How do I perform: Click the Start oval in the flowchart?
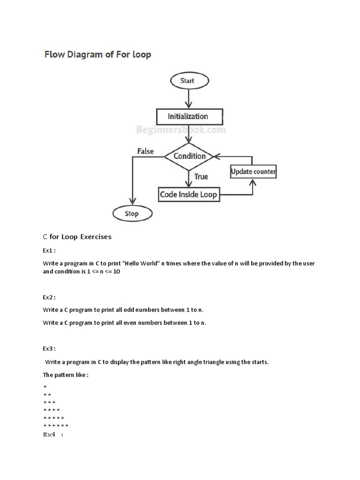click(x=187, y=81)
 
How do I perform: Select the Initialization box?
click(x=188, y=116)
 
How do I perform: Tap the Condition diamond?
click(x=189, y=156)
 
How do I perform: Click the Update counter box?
click(x=253, y=172)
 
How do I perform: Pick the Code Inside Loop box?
click(x=189, y=195)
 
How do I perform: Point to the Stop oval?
click(x=132, y=214)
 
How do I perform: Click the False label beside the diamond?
click(x=145, y=151)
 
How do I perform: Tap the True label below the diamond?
click(x=201, y=177)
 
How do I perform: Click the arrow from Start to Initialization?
click(x=188, y=98)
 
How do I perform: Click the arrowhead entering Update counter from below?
click(x=253, y=182)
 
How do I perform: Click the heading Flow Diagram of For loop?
click(x=97, y=55)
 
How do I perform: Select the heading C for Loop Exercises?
click(x=77, y=237)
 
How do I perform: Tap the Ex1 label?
click(x=49, y=251)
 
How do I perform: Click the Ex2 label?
click(x=49, y=297)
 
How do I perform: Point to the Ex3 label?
click(x=49, y=349)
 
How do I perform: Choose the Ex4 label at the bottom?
click(x=52, y=435)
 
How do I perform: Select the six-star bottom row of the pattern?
click(x=56, y=426)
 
